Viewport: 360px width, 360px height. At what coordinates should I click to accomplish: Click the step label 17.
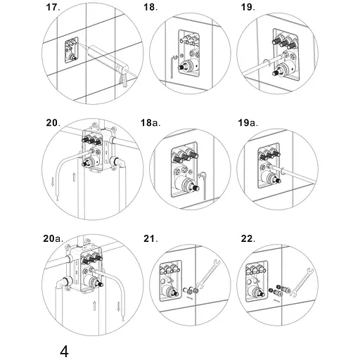click(53, 7)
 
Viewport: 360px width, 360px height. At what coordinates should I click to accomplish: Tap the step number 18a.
click(150, 122)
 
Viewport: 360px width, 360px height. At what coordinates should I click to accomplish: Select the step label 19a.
click(247, 122)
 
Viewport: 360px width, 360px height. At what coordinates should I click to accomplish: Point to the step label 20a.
click(53, 238)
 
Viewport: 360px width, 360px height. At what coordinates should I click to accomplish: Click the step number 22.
click(247, 239)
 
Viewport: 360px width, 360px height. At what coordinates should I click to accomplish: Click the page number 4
click(64, 352)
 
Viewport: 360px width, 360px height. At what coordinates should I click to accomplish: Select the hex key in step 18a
click(204, 185)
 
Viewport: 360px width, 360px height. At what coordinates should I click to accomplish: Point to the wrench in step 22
click(302, 282)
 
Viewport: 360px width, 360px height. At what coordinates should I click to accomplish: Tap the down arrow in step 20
click(53, 181)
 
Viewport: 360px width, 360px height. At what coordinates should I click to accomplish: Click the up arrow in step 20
click(74, 176)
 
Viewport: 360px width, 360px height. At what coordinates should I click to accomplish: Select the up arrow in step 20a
click(94, 306)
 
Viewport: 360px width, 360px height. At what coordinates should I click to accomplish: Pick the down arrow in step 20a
click(119, 307)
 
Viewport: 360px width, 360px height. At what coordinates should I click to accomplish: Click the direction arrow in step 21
click(190, 298)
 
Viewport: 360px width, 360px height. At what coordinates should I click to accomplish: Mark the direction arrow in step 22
click(277, 300)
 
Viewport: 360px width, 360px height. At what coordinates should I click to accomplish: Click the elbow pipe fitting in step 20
click(117, 162)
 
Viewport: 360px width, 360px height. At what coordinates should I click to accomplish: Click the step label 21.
click(150, 239)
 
